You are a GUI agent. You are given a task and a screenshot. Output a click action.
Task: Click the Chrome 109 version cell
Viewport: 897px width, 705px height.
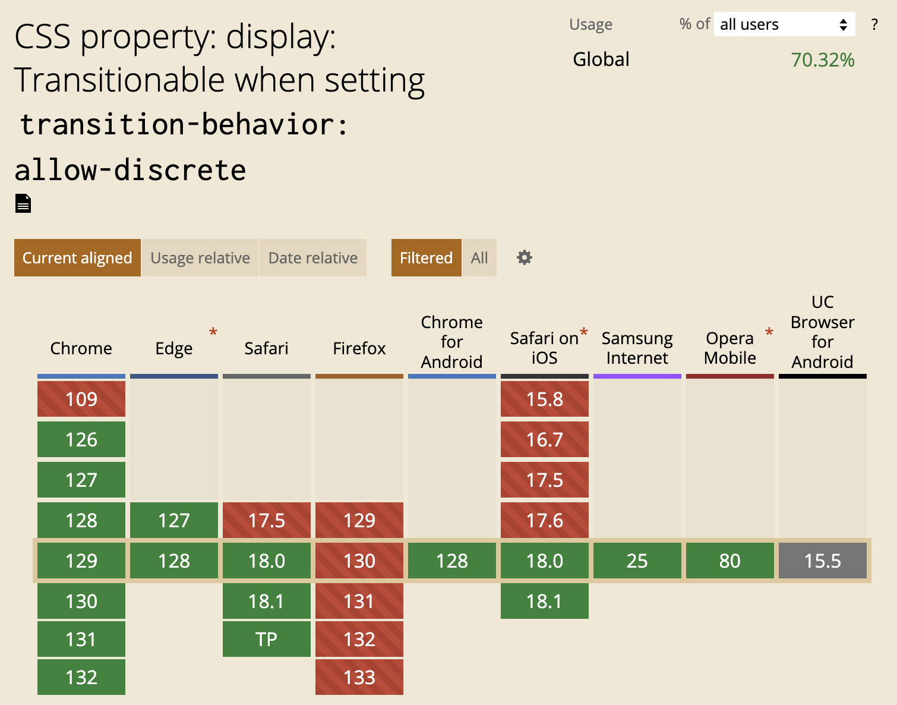coord(81,399)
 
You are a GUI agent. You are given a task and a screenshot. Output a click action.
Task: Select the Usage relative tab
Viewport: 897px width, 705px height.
coord(200,258)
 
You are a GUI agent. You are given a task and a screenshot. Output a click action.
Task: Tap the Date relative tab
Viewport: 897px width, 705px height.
coord(313,258)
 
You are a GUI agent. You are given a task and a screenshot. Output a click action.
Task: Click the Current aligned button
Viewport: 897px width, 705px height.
coord(77,258)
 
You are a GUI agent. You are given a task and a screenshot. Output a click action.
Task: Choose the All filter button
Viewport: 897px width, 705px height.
coord(479,258)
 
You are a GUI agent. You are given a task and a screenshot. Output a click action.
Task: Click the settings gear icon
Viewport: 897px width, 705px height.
coord(525,257)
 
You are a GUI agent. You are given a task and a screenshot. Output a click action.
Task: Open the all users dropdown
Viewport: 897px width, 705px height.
coord(784,24)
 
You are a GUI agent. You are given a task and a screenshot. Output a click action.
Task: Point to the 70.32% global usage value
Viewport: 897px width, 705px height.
coord(823,60)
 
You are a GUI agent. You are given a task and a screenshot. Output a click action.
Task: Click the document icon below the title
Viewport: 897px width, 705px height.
coord(23,203)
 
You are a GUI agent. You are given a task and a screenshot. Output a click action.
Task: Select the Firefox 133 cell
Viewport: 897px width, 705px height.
coord(359,677)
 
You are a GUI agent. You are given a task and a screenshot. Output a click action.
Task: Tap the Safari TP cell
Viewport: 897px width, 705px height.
coord(267,639)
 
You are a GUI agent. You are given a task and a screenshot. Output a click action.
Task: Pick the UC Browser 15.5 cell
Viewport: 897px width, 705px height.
coord(823,561)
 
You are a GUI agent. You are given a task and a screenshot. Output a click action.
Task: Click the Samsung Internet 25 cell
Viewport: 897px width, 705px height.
coord(637,561)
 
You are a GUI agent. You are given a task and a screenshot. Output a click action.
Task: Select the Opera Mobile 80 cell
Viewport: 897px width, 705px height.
coord(730,561)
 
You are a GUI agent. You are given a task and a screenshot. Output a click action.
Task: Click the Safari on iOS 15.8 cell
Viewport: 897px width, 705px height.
coord(545,399)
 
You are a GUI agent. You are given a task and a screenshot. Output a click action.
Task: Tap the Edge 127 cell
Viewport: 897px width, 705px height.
coord(174,520)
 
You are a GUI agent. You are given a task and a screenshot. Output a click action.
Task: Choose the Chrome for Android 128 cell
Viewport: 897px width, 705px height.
coord(452,561)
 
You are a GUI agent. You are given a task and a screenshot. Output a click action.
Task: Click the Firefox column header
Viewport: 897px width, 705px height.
coord(359,348)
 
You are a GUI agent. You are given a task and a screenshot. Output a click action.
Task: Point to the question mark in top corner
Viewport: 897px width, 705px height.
coord(874,24)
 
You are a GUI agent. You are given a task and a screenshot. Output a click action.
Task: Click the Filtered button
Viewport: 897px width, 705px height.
coord(426,258)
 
